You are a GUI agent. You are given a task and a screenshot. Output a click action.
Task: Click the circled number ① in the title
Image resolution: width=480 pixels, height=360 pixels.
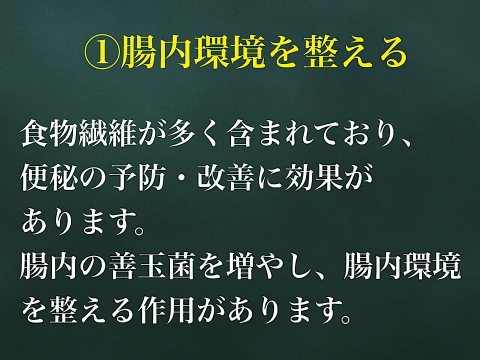pyautogui.click(x=97, y=51)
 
